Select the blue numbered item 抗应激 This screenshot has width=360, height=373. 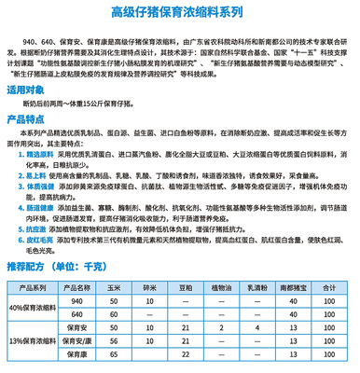[x=37, y=228]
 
